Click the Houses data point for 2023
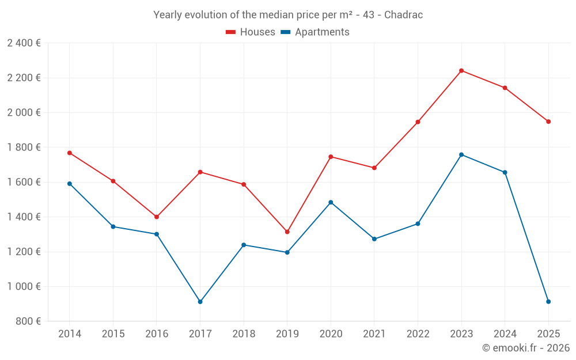[x=461, y=71]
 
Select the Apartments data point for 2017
[x=200, y=302]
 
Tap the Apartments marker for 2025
[x=548, y=302]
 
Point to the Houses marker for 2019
[x=287, y=232]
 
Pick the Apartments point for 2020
[x=331, y=202]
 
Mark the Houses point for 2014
[x=70, y=153]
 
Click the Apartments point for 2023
[x=461, y=154]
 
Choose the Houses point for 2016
[x=157, y=217]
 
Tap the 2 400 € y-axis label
[x=24, y=43]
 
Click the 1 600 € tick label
[x=24, y=182]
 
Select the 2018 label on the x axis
[x=244, y=334]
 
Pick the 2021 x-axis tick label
[x=374, y=334]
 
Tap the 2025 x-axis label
[x=548, y=334]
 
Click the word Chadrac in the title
[x=403, y=15]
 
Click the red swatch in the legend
[x=231, y=32]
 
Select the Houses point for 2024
[x=505, y=88]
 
